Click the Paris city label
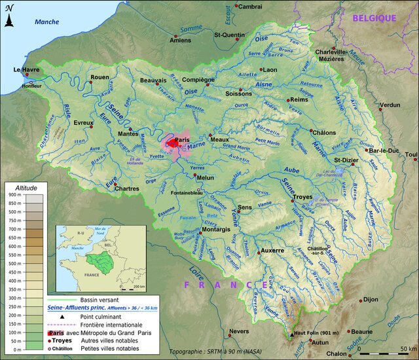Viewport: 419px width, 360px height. tap(181, 139)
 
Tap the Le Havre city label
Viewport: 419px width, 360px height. tap(27, 69)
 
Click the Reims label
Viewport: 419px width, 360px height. tap(299, 99)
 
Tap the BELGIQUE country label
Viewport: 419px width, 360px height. tap(374, 18)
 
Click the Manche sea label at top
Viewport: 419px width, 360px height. tap(46, 22)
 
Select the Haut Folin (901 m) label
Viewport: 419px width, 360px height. tap(318, 334)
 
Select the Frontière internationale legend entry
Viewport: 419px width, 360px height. tap(111, 324)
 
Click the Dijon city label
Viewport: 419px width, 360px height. tap(371, 299)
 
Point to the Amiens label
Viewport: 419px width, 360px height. tap(180, 41)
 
